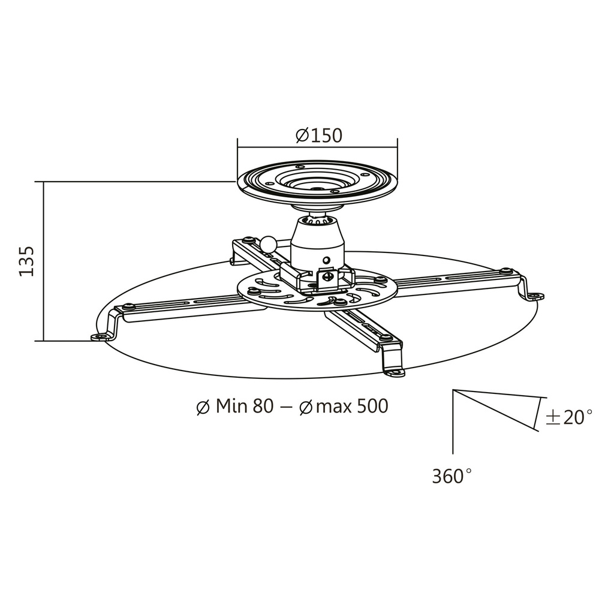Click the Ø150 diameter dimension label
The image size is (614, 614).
319,136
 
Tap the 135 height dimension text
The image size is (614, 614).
27,261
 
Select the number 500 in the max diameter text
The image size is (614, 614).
372,407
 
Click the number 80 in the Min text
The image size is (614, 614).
263,407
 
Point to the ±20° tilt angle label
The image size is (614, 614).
568,417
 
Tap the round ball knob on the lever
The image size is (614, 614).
267,244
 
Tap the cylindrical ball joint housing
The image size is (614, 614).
318,243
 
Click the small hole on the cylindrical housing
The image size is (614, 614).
326,261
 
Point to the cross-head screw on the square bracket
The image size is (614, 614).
327,276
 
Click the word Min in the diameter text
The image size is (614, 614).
232,407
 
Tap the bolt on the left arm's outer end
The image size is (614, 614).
127,307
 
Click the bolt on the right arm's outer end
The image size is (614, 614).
505,271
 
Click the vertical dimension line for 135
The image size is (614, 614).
44,261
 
